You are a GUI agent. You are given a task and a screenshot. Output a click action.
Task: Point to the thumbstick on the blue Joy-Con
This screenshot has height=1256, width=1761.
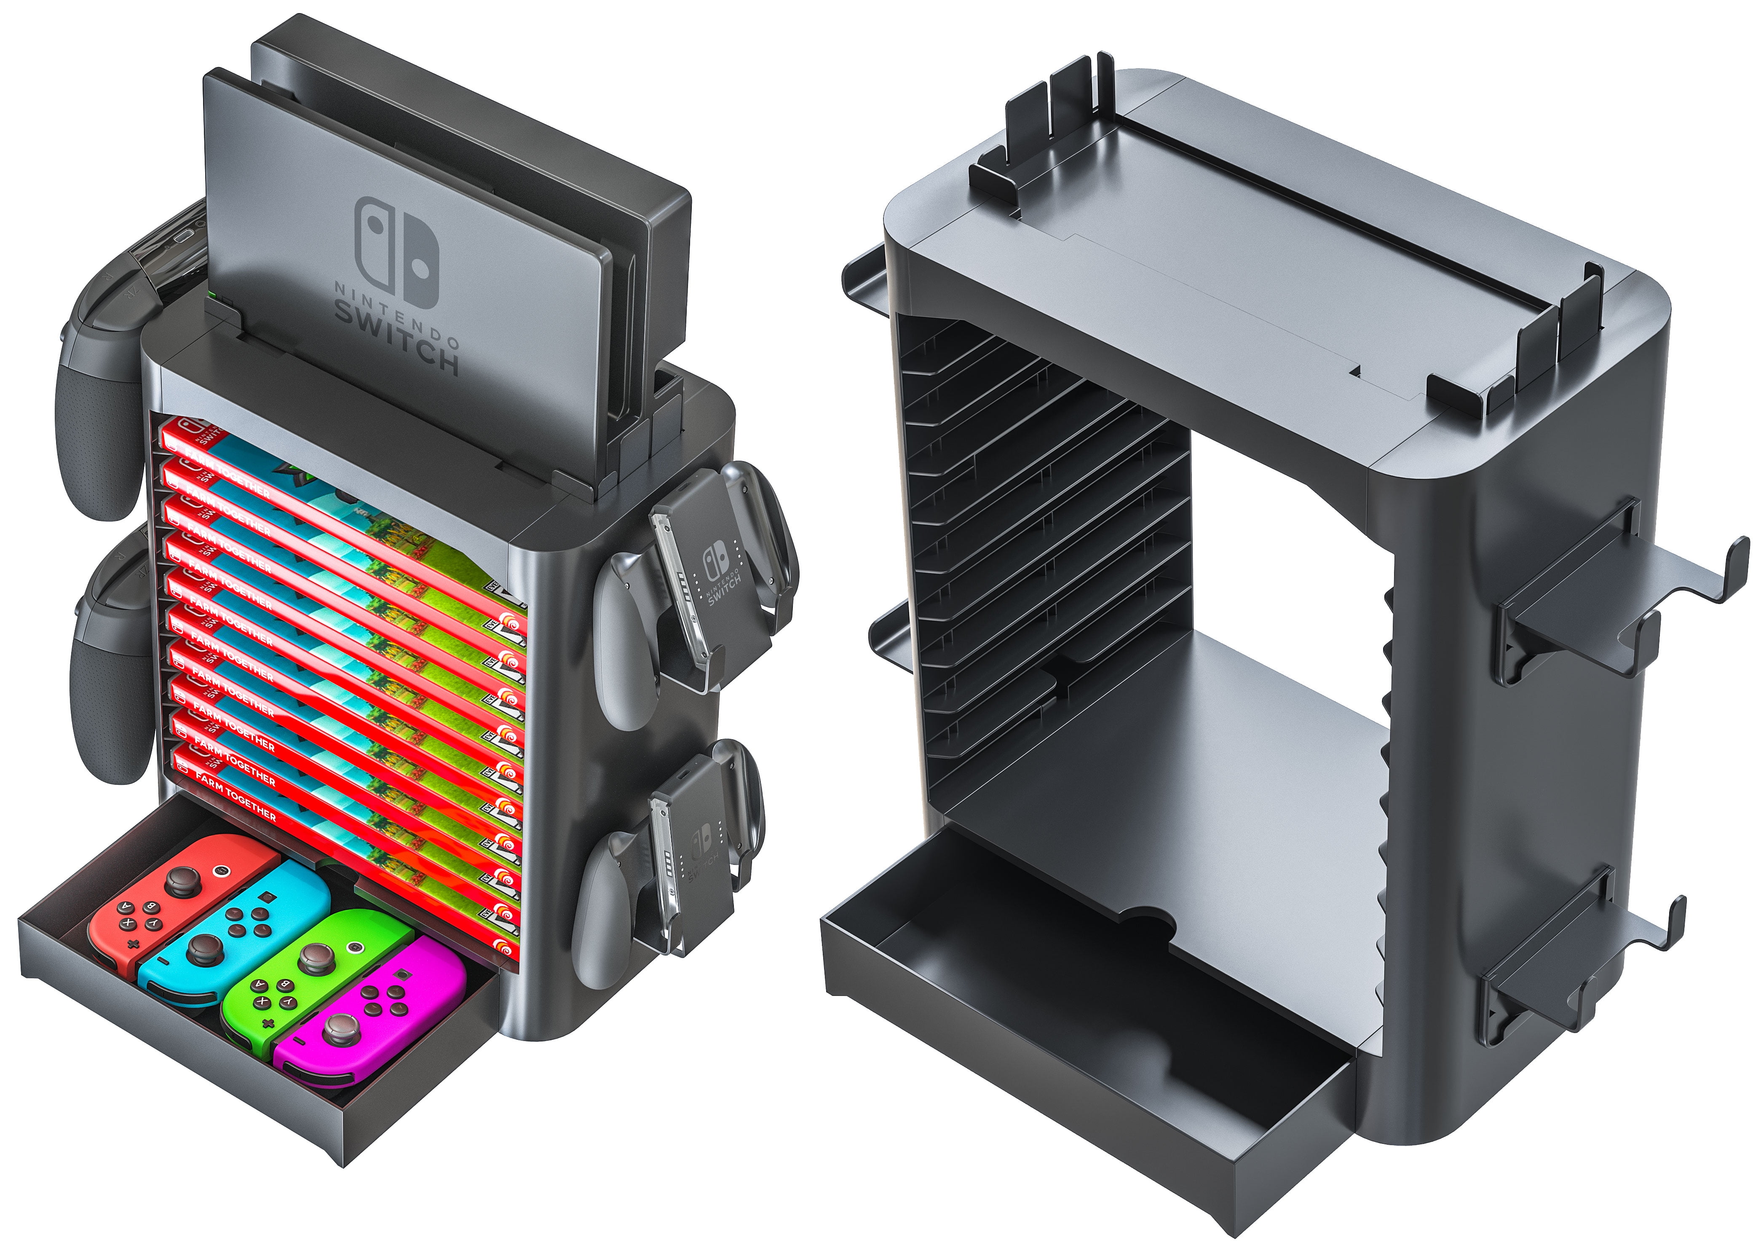(203, 950)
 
